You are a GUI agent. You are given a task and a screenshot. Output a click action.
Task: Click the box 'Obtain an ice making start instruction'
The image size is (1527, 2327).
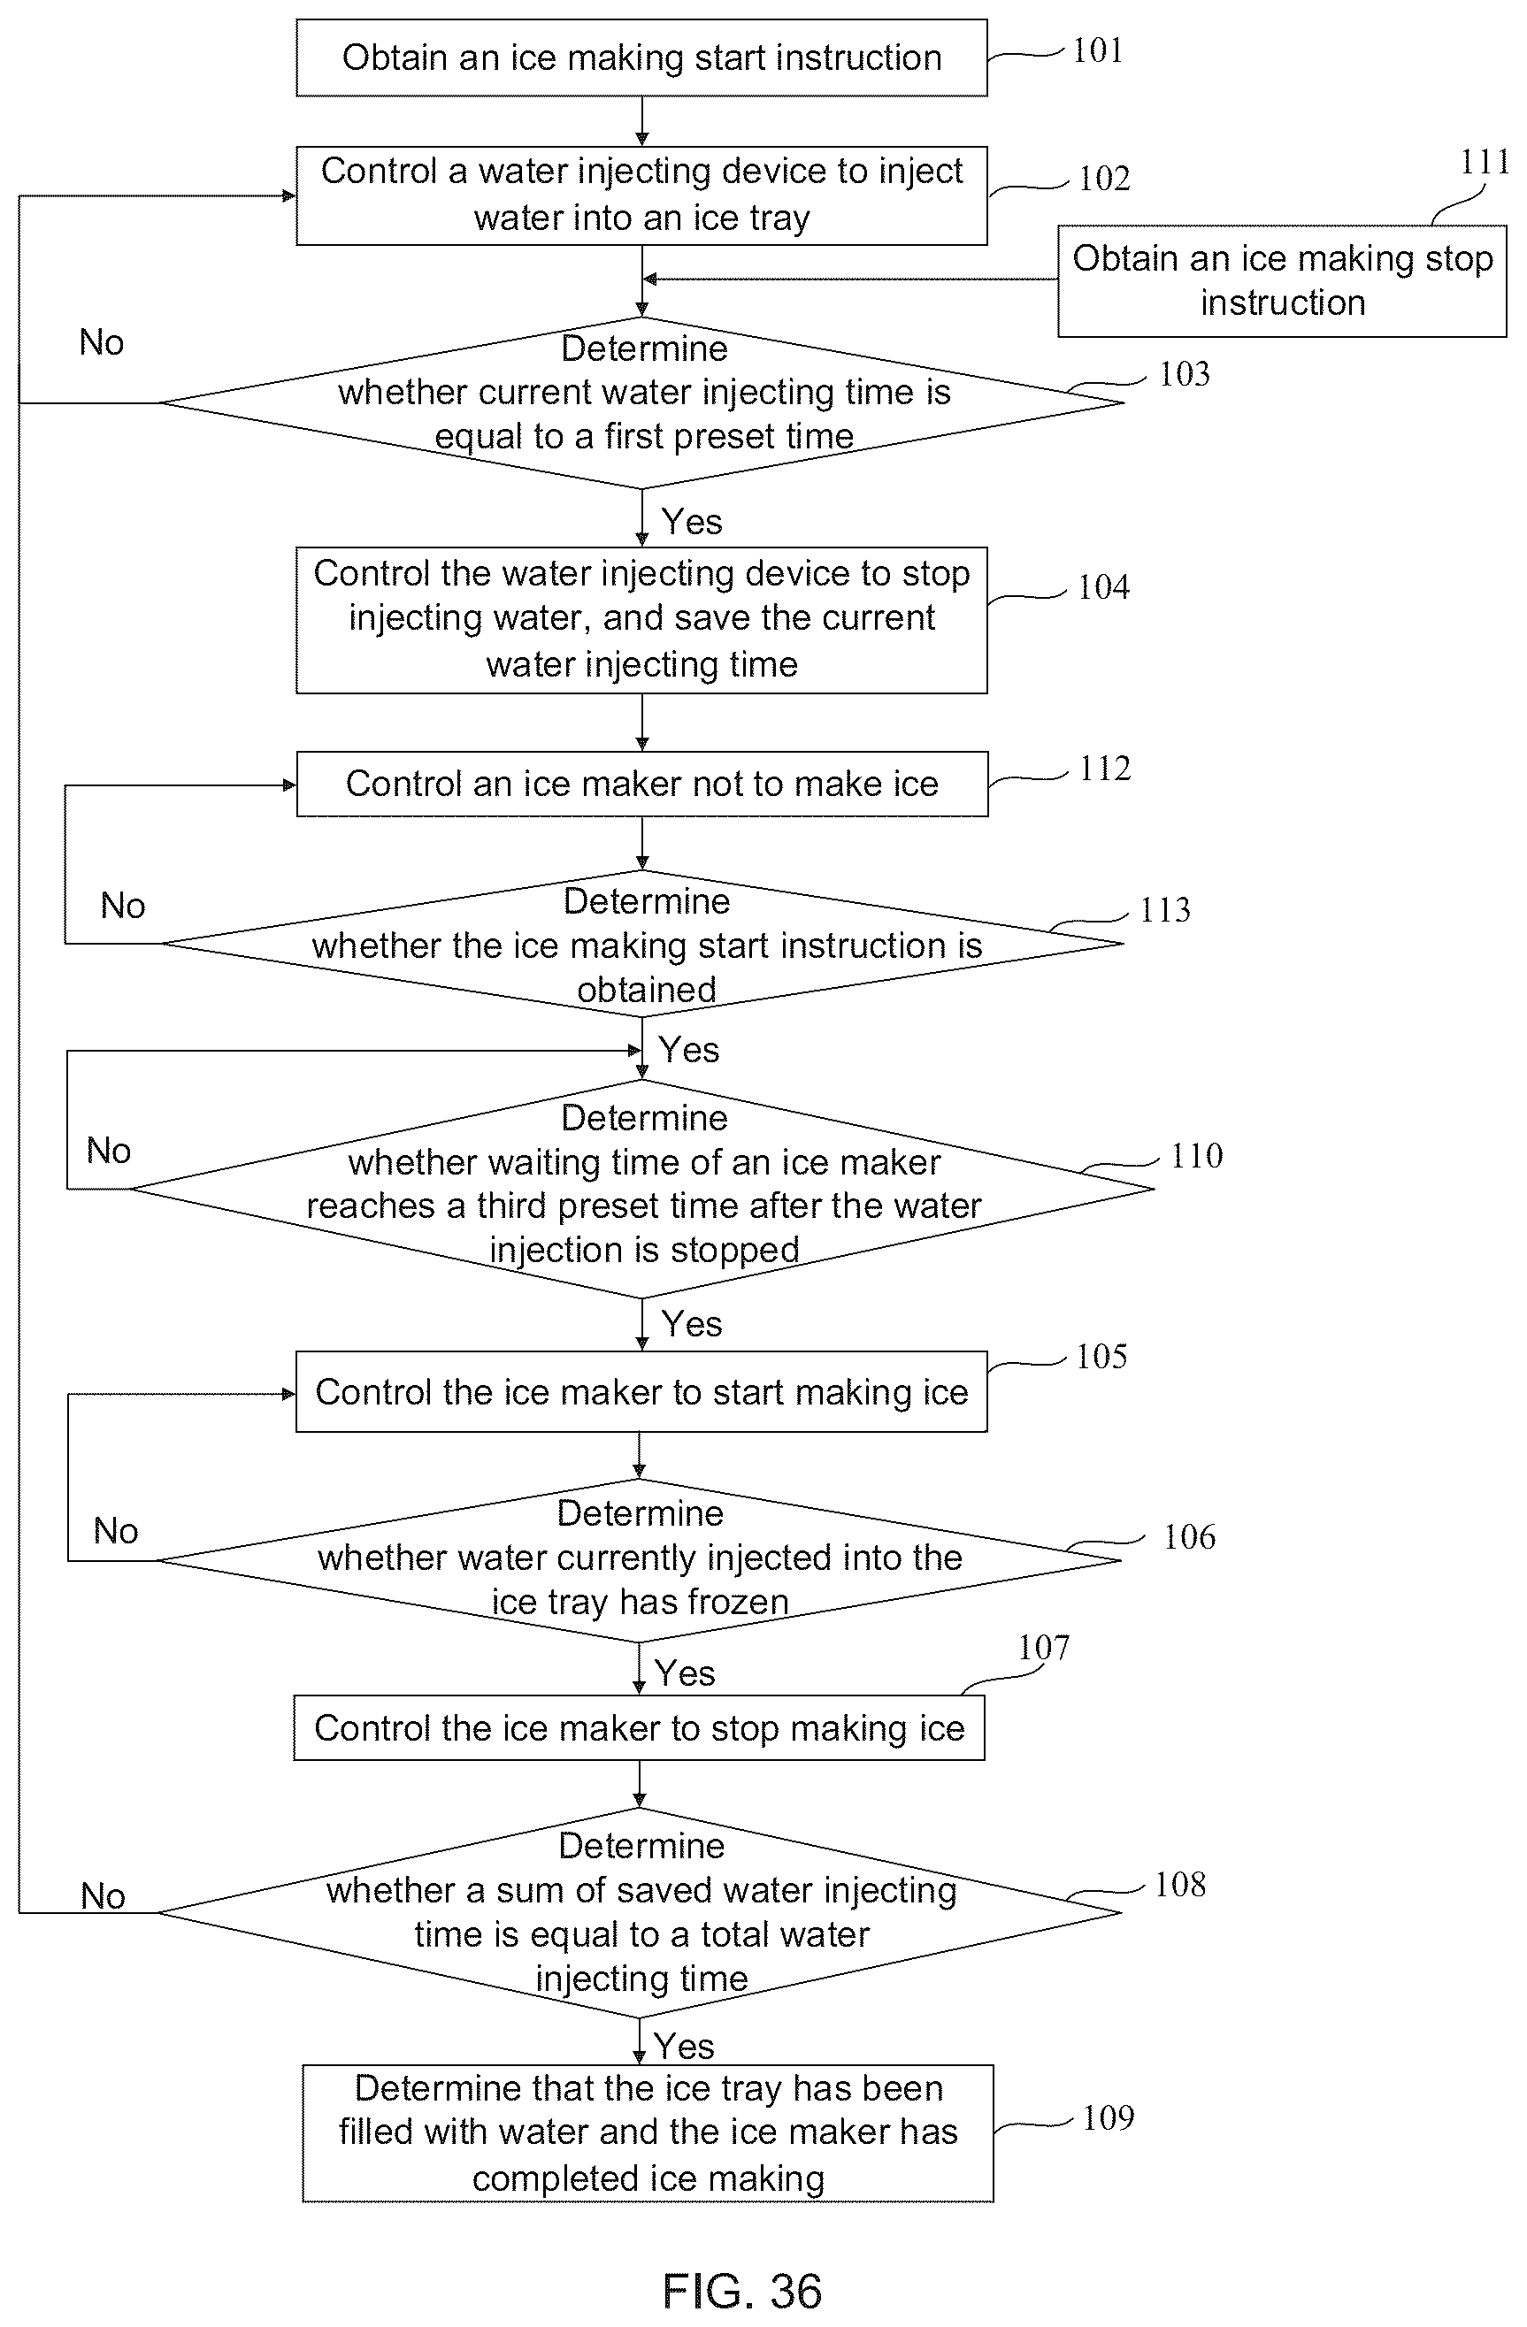[641, 57]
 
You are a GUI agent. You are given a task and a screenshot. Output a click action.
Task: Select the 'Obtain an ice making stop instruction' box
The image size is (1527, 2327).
[1281, 281]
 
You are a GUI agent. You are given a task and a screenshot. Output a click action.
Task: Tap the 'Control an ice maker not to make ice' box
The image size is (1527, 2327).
[641, 785]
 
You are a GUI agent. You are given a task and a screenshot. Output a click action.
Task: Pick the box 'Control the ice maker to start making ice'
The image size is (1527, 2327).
[641, 1392]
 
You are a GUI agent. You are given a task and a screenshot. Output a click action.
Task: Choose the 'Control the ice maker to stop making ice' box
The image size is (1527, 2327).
[640, 1728]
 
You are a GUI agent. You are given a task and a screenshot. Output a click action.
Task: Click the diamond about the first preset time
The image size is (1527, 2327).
[641, 402]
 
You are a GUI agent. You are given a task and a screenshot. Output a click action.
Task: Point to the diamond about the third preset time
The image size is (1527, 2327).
[641, 1189]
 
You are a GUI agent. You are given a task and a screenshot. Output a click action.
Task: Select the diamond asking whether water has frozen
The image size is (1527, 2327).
[640, 1560]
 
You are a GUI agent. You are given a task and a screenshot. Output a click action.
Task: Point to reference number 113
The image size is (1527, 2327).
[1165, 910]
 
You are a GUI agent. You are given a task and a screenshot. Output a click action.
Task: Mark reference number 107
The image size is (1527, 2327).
[1044, 1648]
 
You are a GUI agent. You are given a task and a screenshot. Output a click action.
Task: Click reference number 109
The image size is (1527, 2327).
[1109, 2117]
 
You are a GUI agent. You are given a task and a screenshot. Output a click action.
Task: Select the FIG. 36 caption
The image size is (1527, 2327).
[742, 2291]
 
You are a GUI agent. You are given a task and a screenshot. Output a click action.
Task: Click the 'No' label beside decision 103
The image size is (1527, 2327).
[102, 342]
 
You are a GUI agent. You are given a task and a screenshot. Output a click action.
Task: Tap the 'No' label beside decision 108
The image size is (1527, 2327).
[103, 1895]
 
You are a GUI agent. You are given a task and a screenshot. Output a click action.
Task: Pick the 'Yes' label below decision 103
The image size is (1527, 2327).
[692, 521]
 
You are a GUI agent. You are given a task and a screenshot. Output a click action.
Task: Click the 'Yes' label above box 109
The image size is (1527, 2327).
[684, 2046]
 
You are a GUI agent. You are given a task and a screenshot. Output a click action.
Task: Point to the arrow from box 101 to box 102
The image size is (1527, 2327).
[641, 121]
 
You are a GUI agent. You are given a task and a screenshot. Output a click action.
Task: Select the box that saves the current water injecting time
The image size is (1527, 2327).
[641, 620]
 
